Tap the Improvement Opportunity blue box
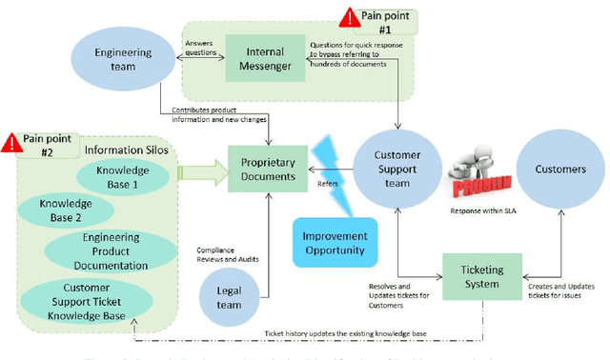pos(334,244)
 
